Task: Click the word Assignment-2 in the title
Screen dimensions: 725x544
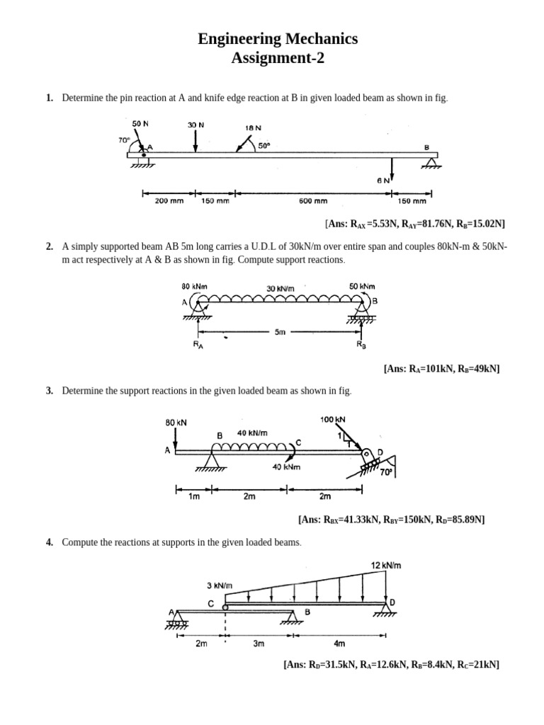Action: tap(278, 58)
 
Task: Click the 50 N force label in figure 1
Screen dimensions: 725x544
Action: tap(140, 123)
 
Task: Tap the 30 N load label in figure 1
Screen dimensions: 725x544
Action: tap(196, 125)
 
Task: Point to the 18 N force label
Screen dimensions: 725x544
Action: tap(253, 128)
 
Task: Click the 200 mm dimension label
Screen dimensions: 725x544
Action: tap(169, 200)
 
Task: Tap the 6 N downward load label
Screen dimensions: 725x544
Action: tap(383, 181)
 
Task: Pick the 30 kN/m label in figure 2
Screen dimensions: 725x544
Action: tap(280, 287)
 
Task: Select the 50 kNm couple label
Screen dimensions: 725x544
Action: tap(362, 286)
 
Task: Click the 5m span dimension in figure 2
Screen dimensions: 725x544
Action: tap(280, 331)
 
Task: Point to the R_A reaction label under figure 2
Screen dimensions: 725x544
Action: tap(198, 345)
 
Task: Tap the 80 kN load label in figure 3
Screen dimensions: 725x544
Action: tap(176, 422)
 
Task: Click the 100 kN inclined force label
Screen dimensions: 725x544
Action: tap(333, 420)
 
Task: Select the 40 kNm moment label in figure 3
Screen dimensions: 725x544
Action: tap(287, 467)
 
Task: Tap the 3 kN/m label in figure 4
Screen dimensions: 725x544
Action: tap(220, 586)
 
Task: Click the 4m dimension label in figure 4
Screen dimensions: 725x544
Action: tap(339, 644)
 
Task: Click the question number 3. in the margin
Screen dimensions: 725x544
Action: tap(50, 391)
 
